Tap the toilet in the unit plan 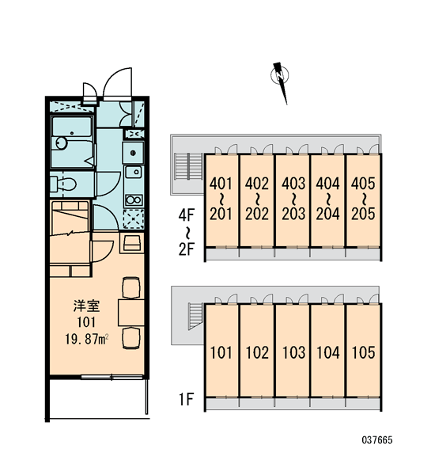coord(63,184)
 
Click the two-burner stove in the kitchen coord(134,200)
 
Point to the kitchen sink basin coord(134,173)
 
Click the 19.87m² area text coord(86,339)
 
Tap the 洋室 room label coord(86,306)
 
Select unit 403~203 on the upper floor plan coord(293,200)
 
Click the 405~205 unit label coord(363,199)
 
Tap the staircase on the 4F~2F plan coord(189,166)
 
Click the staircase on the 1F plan coord(196,316)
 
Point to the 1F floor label coord(186,399)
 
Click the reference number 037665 coord(377,440)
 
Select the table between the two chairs coord(130,312)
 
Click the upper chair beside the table coord(131,287)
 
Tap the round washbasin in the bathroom coord(61,143)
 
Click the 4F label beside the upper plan coord(186,215)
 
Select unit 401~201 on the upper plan coord(221,200)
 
